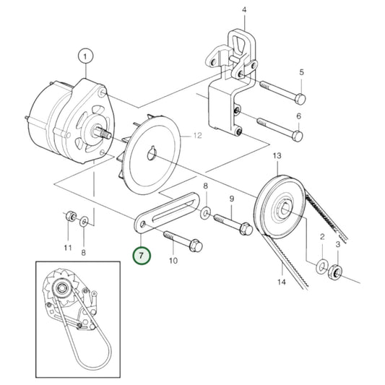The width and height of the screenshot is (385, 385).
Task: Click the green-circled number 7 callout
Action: click(142, 255)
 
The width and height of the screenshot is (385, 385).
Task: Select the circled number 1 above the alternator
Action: click(86, 56)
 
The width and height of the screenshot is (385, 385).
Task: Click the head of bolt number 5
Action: click(301, 98)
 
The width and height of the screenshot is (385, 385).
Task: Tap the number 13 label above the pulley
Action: click(277, 157)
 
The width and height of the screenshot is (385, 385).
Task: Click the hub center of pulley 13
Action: click(283, 210)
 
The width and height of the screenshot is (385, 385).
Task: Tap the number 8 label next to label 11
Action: click(84, 252)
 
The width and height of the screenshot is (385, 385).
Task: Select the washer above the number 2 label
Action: click(321, 268)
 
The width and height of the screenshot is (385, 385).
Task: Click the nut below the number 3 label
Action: click(335, 273)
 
